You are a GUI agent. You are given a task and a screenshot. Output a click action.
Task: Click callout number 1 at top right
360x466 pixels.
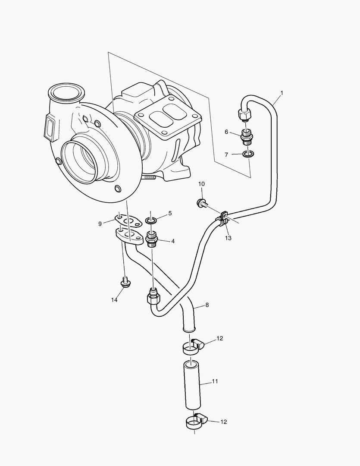(282, 92)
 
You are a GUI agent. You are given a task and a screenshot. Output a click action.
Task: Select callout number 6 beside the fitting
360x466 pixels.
(226, 132)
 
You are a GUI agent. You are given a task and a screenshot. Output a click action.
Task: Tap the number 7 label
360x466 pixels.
(227, 154)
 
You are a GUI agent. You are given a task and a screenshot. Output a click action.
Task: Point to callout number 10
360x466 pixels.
(201, 184)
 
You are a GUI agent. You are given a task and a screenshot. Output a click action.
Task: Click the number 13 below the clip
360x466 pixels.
(228, 238)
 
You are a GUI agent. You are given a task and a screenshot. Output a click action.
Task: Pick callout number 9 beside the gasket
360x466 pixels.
(100, 224)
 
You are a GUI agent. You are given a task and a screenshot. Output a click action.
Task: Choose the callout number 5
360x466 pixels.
(170, 213)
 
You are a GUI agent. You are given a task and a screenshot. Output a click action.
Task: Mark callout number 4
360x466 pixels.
(172, 241)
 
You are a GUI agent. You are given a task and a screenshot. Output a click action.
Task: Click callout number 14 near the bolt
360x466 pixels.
(114, 299)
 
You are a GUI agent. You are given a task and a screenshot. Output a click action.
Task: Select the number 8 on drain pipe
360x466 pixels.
(207, 305)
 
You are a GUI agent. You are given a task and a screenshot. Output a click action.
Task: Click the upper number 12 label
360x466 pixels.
(220, 339)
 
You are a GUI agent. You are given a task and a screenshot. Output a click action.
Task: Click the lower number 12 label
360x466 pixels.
(223, 422)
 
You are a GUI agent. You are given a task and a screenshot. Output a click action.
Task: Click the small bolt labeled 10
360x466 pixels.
(201, 202)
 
